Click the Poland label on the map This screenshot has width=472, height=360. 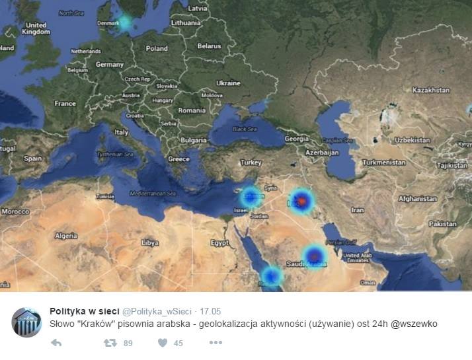pyautogui.click(x=157, y=48)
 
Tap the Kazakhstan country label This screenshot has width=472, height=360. pyautogui.click(x=430, y=90)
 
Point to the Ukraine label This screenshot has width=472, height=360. pyautogui.click(x=228, y=83)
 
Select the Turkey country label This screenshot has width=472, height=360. pyautogui.click(x=251, y=162)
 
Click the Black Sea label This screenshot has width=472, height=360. pyautogui.click(x=244, y=129)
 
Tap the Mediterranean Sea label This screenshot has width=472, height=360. pyautogui.click(x=153, y=194)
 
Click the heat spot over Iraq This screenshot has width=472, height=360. pyautogui.click(x=301, y=199)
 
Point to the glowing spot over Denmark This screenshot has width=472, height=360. pyautogui.click(x=124, y=22)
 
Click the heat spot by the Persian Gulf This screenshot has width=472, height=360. pyautogui.click(x=315, y=256)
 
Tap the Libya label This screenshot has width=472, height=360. pyautogui.click(x=150, y=242)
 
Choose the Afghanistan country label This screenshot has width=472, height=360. pyautogui.click(x=417, y=198)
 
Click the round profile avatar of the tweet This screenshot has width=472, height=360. pyautogui.click(x=26, y=322)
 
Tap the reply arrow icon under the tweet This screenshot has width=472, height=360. pyautogui.click(x=56, y=343)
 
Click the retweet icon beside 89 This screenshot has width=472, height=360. pyautogui.click(x=110, y=343)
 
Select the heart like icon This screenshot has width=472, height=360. pyautogui.click(x=162, y=343)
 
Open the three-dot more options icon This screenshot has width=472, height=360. pyautogui.click(x=216, y=343)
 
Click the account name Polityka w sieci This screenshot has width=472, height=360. pyautogui.click(x=84, y=311)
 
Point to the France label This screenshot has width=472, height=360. pyautogui.click(x=65, y=103)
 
